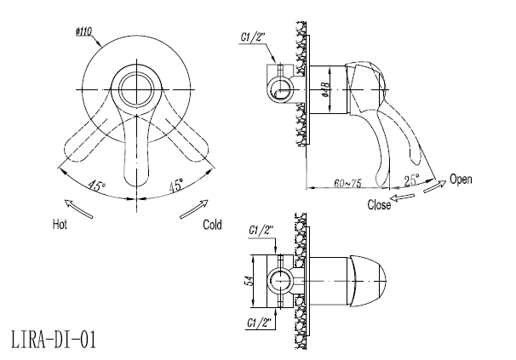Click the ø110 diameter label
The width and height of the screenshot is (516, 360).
[x=83, y=32]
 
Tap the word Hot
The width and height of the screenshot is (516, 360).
[x=60, y=225]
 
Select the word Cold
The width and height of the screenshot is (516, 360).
[x=212, y=225]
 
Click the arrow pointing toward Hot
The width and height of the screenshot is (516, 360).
[x=78, y=209]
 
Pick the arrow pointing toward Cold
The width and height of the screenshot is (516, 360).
[x=194, y=209]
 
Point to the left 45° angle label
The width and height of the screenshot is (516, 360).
[x=96, y=186]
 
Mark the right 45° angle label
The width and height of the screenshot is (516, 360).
[x=176, y=186]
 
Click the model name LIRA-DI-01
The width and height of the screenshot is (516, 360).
[x=54, y=340]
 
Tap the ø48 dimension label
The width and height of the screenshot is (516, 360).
[x=325, y=89]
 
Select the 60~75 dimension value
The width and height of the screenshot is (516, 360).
[x=347, y=183]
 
